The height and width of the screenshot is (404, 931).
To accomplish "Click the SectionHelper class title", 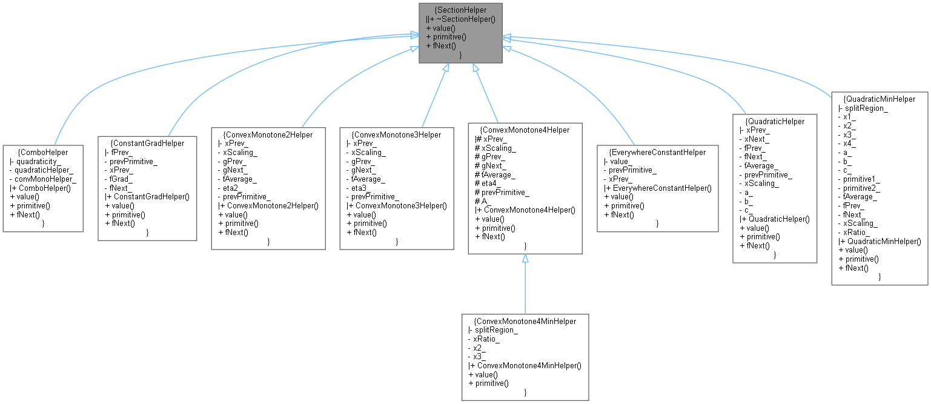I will coord(460,10).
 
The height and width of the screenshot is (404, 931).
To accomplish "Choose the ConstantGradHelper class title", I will coord(147,144).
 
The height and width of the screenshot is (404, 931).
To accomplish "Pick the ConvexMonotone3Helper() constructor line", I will coord(399,206).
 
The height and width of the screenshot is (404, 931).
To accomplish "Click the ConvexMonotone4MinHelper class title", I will coord(525,321).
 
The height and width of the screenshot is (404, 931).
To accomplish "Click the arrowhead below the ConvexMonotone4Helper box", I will coord(525,259).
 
